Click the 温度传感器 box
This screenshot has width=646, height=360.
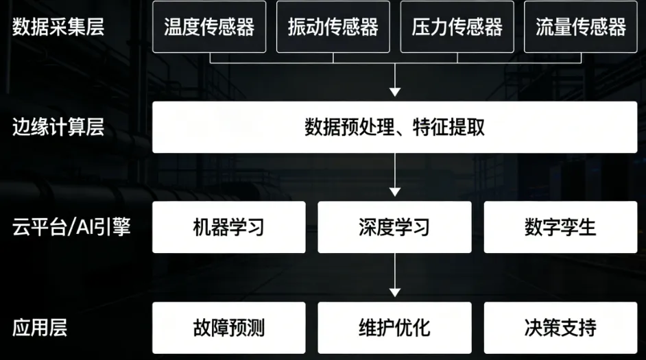(x=209, y=27)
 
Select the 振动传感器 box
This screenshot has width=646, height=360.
(x=333, y=27)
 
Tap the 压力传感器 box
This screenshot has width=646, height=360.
(x=457, y=27)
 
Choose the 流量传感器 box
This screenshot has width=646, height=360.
(x=581, y=27)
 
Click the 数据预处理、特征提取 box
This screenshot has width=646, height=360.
(x=394, y=128)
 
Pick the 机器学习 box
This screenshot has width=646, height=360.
(x=229, y=227)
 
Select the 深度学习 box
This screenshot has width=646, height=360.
(x=394, y=227)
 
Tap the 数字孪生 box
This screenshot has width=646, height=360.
(x=560, y=227)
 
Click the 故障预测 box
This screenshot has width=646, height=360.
(x=229, y=327)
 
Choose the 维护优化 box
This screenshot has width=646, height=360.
(x=394, y=327)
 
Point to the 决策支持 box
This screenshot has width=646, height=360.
(x=560, y=327)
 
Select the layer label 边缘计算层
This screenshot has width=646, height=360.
(x=58, y=127)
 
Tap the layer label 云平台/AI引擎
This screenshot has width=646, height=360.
(x=71, y=227)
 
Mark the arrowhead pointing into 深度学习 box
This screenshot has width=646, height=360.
(x=394, y=192)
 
